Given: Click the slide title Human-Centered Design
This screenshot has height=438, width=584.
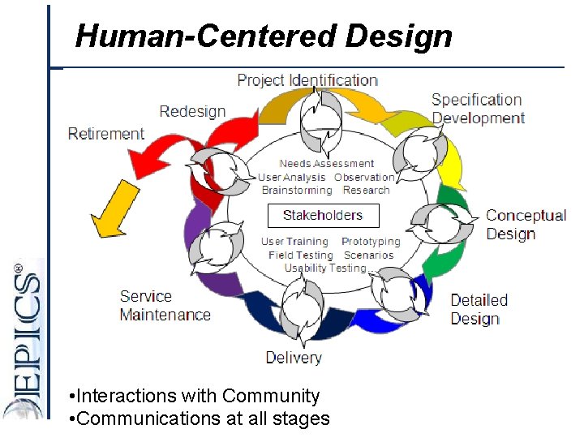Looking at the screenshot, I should point(264,36).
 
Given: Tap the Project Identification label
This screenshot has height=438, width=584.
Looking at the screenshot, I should point(307,80).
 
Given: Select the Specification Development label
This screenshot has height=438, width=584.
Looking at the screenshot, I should point(478,109).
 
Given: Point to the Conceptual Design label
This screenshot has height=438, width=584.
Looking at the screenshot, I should point(525,225).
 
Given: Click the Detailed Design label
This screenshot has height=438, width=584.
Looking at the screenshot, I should point(479,309).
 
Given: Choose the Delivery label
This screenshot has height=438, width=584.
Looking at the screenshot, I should point(294,357).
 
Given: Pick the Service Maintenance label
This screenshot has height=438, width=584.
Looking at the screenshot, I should point(165,306).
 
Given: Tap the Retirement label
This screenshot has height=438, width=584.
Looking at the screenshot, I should point(106,134).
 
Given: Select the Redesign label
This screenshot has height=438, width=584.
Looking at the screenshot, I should point(192,111).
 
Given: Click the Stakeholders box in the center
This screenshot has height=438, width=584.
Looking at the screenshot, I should point(323,215).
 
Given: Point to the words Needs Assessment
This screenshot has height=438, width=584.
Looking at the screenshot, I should point(327,164).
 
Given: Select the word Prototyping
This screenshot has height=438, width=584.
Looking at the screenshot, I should point(371,242).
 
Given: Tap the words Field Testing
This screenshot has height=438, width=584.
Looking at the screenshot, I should point(300,255).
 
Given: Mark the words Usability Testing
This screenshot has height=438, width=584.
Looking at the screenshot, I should point(325,268).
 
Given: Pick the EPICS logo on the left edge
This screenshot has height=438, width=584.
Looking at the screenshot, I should point(23,341).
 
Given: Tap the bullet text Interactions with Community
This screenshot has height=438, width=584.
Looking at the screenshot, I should point(195,396).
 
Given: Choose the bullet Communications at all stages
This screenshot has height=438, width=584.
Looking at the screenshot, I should point(200,419).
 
